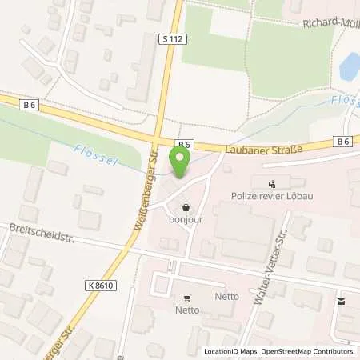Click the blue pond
point(350,65)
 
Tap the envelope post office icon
point(343,302)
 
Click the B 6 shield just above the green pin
point(184,144)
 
